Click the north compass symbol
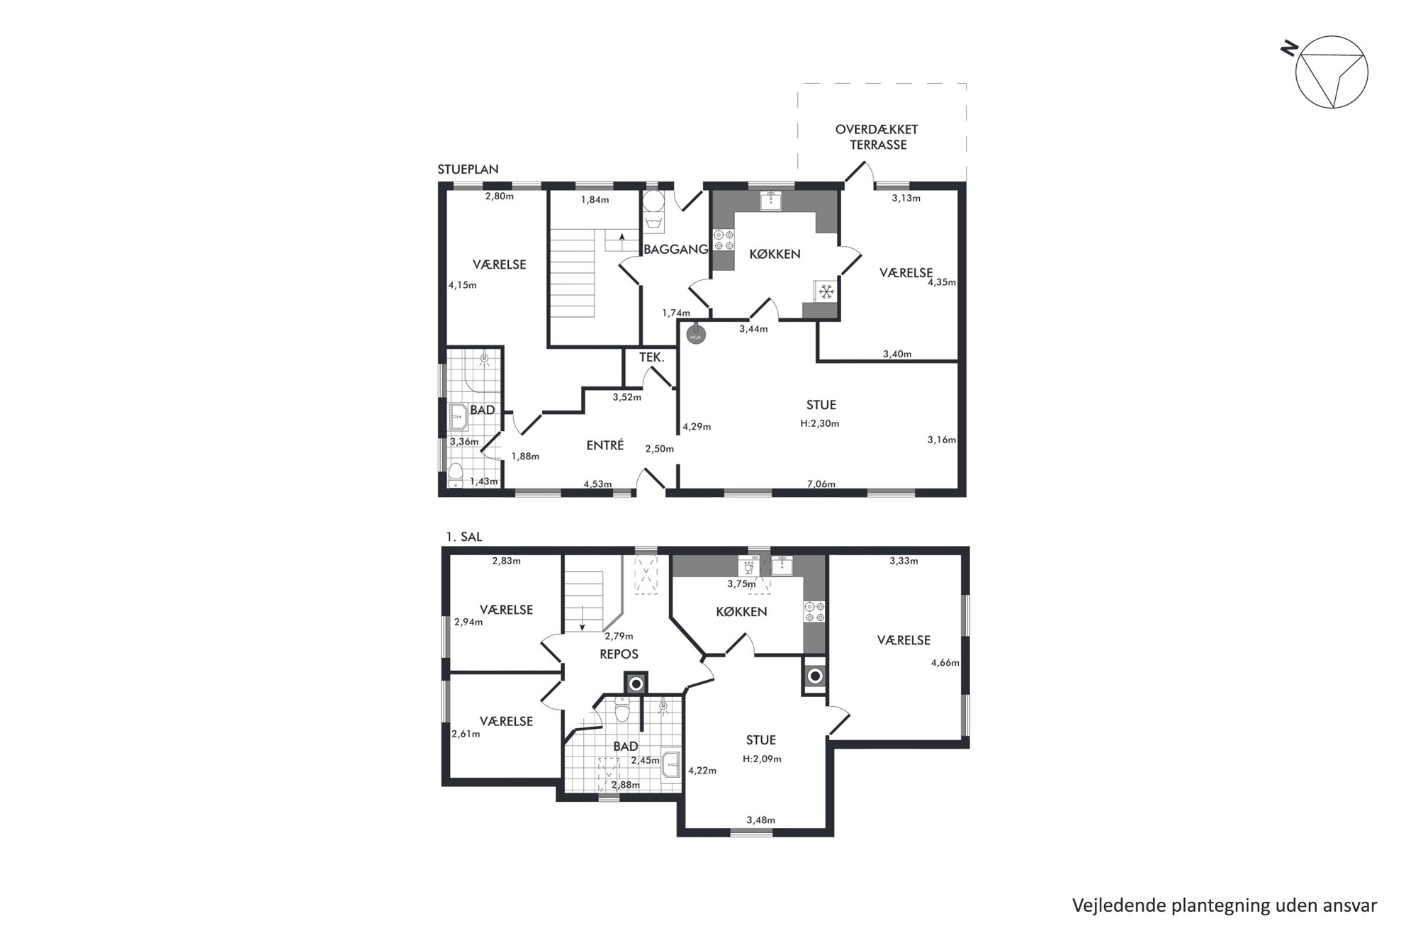click(1331, 72)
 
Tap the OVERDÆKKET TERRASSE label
click(877, 137)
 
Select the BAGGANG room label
click(675, 249)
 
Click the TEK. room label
click(651, 358)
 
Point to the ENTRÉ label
click(604, 445)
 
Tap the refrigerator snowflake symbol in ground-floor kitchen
click(825, 291)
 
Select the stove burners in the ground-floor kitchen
click(724, 239)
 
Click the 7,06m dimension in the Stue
click(821, 484)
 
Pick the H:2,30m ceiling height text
click(820, 423)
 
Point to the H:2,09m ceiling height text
click(762, 759)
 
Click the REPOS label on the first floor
click(619, 654)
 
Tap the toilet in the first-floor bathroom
click(622, 709)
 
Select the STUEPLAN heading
click(468, 169)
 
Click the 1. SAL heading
click(463, 537)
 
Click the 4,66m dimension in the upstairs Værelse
click(945, 663)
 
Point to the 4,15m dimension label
click(462, 285)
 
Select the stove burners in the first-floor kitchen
click(814, 612)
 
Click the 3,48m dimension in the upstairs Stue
click(760, 820)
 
